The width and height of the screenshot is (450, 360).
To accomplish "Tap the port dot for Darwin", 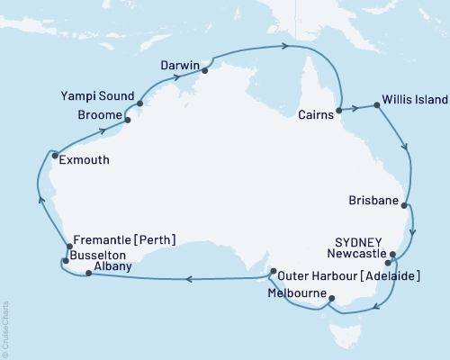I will tap(205, 69).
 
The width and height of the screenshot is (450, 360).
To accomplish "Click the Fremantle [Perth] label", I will tap(124, 239).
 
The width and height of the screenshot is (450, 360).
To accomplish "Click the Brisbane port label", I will tap(374, 204).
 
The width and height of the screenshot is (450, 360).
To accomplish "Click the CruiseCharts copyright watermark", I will tap(6, 325).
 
